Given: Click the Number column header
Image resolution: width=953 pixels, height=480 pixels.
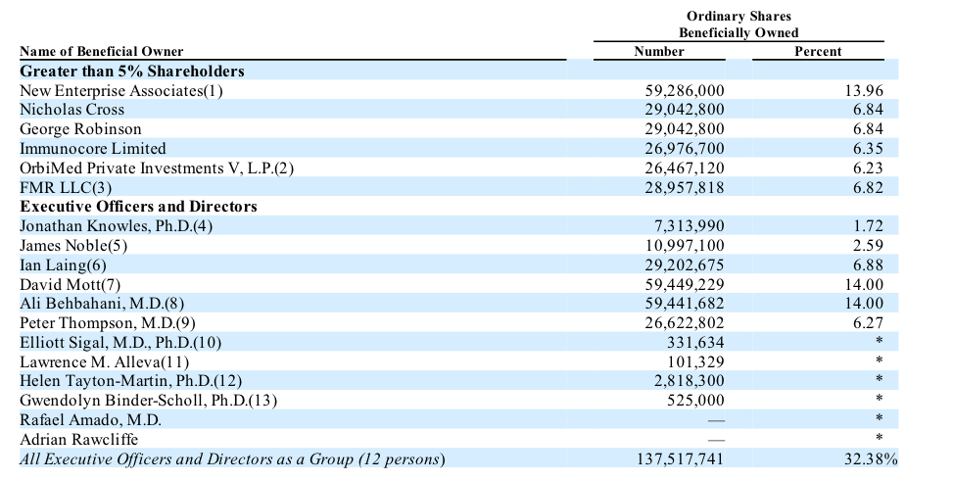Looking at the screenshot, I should (x=659, y=51).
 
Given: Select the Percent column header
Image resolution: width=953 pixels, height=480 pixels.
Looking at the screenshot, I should (x=817, y=51).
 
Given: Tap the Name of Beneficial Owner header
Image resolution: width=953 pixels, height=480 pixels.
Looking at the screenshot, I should (x=101, y=51).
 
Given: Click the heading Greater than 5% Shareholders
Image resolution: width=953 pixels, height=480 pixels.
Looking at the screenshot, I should (x=132, y=72).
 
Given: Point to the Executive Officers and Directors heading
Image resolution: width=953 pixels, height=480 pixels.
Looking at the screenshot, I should (x=139, y=207).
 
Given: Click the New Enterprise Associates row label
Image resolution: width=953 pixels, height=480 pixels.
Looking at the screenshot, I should (x=121, y=91).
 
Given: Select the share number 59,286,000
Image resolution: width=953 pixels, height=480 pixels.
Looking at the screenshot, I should (x=685, y=91).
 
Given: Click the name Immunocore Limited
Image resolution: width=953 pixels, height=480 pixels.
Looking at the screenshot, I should (x=93, y=149).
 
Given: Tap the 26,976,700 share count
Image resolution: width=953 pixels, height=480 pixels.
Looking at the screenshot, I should (x=685, y=149).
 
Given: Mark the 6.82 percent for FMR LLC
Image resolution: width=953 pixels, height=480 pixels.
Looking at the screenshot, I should (x=869, y=187).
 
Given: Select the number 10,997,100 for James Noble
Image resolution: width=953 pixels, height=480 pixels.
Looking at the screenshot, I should (x=685, y=246).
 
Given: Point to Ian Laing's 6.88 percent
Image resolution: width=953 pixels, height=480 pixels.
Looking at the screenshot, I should (x=869, y=265).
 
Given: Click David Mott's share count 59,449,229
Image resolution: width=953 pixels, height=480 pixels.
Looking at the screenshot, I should (x=685, y=284).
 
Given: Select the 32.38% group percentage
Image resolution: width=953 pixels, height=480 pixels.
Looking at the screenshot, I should (x=870, y=459).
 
